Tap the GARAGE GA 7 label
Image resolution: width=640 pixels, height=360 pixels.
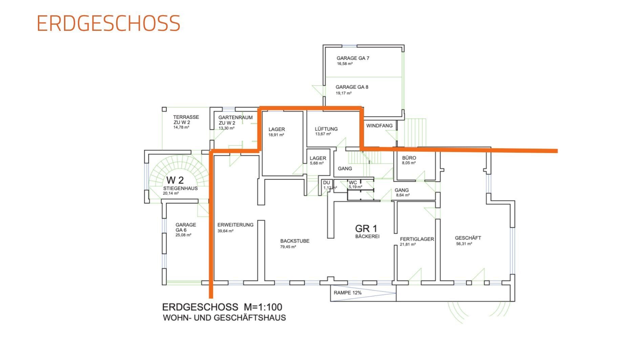pyautogui.click(x=353, y=58)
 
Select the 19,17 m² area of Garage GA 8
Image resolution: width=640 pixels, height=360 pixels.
pyautogui.click(x=344, y=93)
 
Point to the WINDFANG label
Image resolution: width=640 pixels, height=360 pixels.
pyautogui.click(x=379, y=126)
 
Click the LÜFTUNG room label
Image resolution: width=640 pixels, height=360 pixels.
pyautogui.click(x=326, y=129)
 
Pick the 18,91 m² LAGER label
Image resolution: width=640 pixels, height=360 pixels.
pyautogui.click(x=277, y=129)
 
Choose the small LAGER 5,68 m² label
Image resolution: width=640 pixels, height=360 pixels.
pyautogui.click(x=318, y=158)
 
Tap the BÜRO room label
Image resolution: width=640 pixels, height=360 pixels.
pyautogui.click(x=409, y=158)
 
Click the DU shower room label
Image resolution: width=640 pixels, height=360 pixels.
pyautogui.click(x=326, y=183)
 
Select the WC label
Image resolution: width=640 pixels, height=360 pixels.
pyautogui.click(x=353, y=183)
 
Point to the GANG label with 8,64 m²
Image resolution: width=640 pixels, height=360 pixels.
pyautogui.click(x=402, y=190)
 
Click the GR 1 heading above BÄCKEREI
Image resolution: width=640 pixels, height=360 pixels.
pyautogui.click(x=366, y=229)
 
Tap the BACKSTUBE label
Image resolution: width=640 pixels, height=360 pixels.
pyautogui.click(x=295, y=241)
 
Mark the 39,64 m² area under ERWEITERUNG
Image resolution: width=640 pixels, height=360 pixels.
pyautogui.click(x=225, y=231)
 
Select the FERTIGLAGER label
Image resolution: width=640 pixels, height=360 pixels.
pyautogui.click(x=417, y=239)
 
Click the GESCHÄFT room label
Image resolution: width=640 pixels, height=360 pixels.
pyautogui.click(x=468, y=238)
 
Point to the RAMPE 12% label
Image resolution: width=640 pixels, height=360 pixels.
pyautogui.click(x=347, y=293)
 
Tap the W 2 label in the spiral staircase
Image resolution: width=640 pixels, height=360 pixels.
pyautogui.click(x=175, y=180)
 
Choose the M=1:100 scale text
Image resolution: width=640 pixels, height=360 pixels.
pyautogui.click(x=263, y=307)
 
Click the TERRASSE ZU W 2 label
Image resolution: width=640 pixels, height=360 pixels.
pyautogui.click(x=186, y=120)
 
